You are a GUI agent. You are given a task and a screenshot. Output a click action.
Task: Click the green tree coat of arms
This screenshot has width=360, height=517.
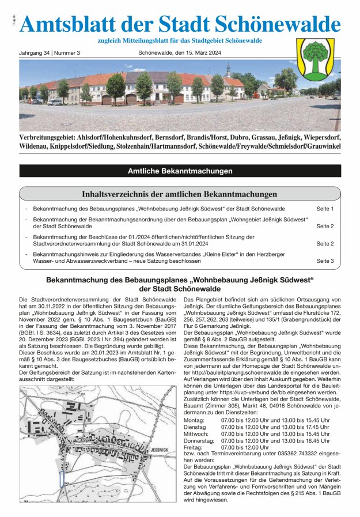[315, 59]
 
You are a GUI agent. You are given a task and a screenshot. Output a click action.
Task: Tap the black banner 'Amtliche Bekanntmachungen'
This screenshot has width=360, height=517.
[180, 171]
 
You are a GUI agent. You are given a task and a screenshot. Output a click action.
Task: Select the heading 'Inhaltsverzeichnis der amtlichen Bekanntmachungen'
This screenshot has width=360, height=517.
[180, 194]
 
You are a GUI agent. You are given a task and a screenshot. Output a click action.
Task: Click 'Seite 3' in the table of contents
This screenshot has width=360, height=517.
[325, 261]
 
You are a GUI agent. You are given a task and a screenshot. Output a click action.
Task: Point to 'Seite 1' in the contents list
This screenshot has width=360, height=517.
[325, 208]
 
